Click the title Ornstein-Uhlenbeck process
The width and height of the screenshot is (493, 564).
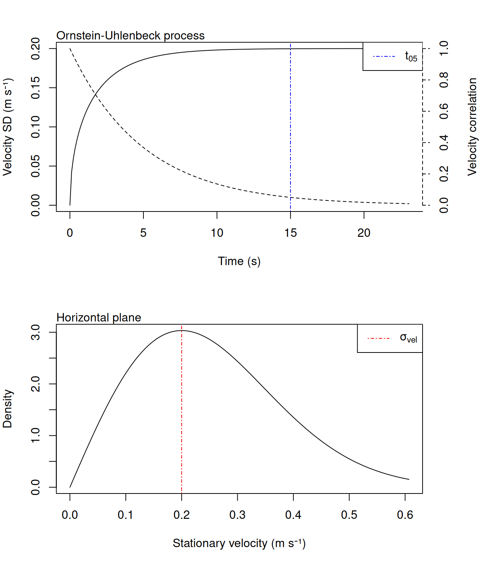[x=130, y=36]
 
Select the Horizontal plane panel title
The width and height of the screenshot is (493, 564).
[x=99, y=318]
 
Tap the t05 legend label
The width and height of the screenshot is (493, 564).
[x=411, y=57]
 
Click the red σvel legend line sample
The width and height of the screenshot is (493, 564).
[x=378, y=338]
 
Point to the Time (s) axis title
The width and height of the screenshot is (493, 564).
[x=239, y=261]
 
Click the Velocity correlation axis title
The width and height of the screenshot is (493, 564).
[x=472, y=127]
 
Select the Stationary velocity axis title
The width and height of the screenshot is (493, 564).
[x=239, y=543]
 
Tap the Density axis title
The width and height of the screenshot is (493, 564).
[x=7, y=409]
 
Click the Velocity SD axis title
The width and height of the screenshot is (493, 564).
[x=7, y=127]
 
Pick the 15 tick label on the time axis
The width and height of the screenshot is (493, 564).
[x=291, y=233]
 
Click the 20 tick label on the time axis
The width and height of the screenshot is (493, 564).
[x=364, y=233]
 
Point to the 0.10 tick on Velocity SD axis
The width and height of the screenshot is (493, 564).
[x=36, y=127]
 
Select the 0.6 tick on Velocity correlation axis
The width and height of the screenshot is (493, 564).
[x=444, y=111]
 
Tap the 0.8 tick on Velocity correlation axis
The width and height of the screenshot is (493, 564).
[x=444, y=80]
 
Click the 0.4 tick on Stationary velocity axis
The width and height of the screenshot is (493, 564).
[x=293, y=515]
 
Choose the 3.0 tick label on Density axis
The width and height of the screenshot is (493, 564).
[x=36, y=332]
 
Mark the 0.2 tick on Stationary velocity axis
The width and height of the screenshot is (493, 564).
[x=182, y=515]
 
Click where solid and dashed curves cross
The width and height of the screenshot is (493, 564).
[x=96, y=95]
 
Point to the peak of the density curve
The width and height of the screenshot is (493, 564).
[x=182, y=330]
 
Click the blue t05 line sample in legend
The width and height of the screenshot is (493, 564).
[x=384, y=57]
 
